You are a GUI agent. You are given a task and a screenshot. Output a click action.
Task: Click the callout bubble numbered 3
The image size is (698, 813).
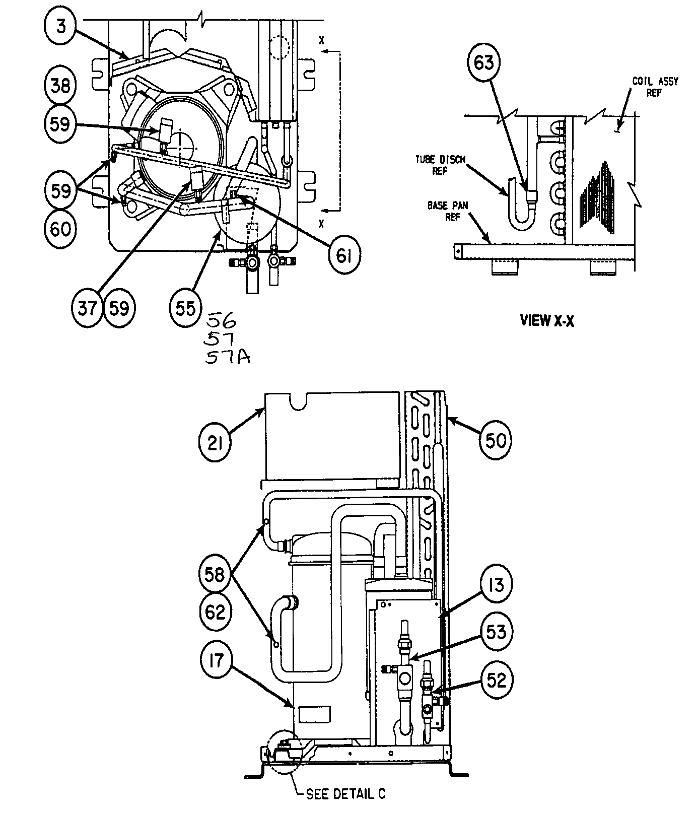point(61,27)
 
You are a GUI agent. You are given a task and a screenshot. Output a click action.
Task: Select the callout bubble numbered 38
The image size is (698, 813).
point(60,85)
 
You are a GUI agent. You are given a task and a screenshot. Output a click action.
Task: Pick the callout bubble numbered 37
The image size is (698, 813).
point(87,308)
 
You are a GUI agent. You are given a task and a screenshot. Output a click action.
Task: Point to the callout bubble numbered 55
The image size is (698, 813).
point(185,308)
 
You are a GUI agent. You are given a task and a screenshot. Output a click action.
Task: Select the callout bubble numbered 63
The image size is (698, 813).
point(483,62)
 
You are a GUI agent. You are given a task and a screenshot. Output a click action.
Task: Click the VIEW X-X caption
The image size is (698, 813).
point(547,321)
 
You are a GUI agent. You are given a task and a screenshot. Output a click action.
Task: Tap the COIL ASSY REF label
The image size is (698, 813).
point(655,87)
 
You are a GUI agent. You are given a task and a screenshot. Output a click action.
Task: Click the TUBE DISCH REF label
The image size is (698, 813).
point(440,165)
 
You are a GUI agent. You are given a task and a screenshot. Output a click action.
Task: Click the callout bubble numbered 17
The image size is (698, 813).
point(216,661)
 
